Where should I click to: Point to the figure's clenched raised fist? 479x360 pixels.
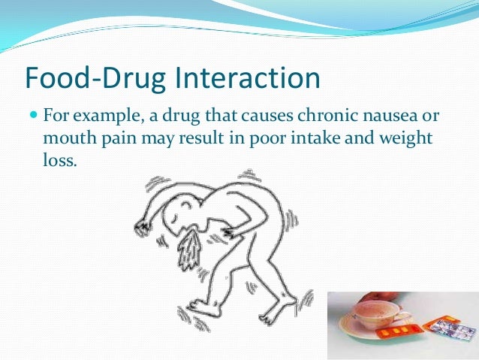(140, 228)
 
